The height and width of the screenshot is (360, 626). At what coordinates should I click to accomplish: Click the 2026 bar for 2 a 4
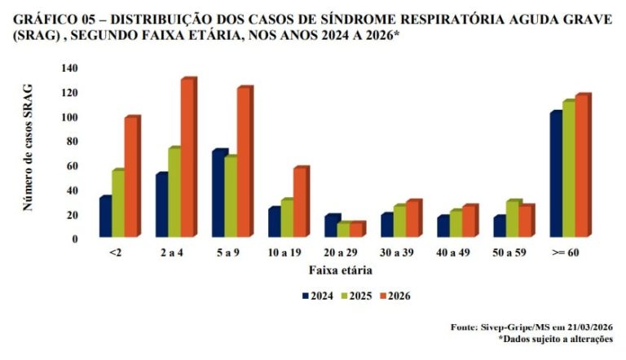click(x=187, y=159)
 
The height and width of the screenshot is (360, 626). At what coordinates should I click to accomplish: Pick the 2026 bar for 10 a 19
click(x=300, y=203)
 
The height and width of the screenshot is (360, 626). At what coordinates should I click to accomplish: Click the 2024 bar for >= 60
click(x=556, y=175)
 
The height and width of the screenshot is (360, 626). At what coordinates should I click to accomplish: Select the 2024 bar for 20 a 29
click(x=332, y=227)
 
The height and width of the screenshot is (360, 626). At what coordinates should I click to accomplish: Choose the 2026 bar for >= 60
click(x=582, y=167)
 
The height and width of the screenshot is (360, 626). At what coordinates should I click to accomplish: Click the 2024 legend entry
click(x=317, y=296)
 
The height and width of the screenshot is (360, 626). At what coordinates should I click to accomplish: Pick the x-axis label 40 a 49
click(x=452, y=253)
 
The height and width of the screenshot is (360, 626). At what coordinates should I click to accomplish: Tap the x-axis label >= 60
click(x=565, y=253)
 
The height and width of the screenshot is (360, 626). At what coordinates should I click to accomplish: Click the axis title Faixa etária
click(x=340, y=270)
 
